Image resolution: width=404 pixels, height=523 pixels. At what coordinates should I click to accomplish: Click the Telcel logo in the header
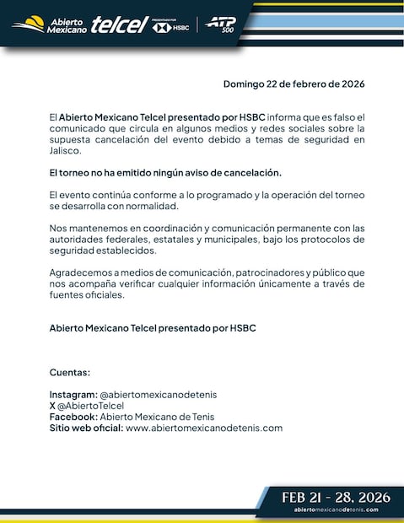(120, 24)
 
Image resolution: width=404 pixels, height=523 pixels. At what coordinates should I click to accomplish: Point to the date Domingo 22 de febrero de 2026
(294, 84)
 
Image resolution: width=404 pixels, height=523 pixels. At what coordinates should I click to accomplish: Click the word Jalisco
(67, 151)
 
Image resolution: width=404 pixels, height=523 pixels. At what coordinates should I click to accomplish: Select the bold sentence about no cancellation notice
(165, 172)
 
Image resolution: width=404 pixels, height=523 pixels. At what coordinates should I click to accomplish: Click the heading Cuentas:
(70, 372)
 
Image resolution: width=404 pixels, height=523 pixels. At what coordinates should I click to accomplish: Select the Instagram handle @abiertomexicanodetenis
(164, 394)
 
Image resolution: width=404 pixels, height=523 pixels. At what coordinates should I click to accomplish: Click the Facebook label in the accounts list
(73, 416)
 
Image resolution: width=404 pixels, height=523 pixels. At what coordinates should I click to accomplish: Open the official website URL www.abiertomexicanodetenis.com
(203, 428)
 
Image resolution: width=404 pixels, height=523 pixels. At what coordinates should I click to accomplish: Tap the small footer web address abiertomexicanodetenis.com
(336, 510)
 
